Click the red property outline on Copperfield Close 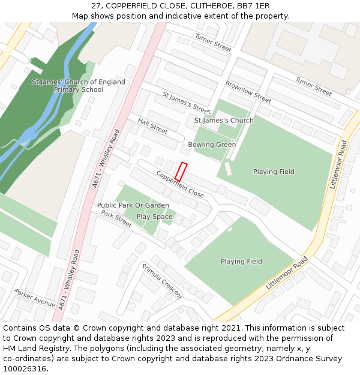tap(181, 172)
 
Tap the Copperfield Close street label tap(180, 185)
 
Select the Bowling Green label tap(212, 145)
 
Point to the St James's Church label tap(224, 121)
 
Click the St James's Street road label tap(186, 103)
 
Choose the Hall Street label tap(152, 125)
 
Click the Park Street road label tap(116, 218)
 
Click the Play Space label tap(154, 217)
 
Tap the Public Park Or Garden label tap(133, 205)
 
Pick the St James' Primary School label tap(79, 86)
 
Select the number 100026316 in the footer tap(25, 368)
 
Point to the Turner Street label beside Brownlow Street tap(313, 87)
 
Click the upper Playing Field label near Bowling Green tap(274, 172)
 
